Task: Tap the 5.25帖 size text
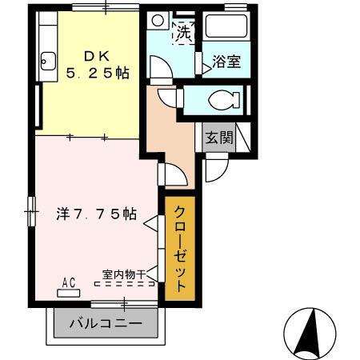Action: coord(98,73)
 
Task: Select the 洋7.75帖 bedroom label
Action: coord(96,214)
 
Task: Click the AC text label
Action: coord(69,282)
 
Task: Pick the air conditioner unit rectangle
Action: coord(69,292)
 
